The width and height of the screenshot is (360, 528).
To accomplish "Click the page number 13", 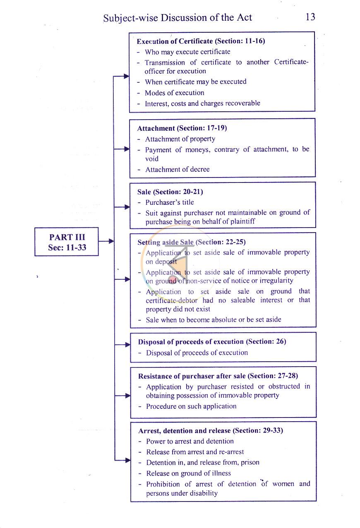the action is point(310,17).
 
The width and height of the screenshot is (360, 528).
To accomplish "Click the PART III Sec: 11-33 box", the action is point(67,242).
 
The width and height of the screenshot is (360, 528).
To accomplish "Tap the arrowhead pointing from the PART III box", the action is point(111,241).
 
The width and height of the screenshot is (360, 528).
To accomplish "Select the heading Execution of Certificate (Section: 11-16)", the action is point(201,41).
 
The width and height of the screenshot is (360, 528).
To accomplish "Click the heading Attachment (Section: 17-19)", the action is point(182,128).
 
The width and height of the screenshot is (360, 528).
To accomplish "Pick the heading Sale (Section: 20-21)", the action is point(170,192).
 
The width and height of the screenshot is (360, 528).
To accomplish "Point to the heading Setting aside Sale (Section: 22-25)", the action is point(192,242).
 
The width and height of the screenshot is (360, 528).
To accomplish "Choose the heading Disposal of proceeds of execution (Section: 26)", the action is point(212,341).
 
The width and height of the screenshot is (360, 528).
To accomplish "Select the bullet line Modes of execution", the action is point(175,93).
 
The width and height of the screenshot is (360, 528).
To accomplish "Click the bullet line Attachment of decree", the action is point(177,169).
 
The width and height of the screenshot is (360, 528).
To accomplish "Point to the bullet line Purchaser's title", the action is point(170,202).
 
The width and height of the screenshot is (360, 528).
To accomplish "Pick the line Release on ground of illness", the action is point(188,473).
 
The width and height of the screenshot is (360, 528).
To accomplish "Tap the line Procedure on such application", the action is point(191,406).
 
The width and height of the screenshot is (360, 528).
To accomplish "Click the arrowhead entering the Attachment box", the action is point(127,149).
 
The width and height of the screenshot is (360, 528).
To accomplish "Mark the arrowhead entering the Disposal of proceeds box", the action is point(127,345).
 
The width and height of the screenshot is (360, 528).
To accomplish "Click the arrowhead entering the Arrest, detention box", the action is point(128,460).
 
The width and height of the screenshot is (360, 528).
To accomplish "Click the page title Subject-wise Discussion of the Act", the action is point(178,18).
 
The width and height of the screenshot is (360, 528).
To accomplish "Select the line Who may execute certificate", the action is point(187,52).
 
